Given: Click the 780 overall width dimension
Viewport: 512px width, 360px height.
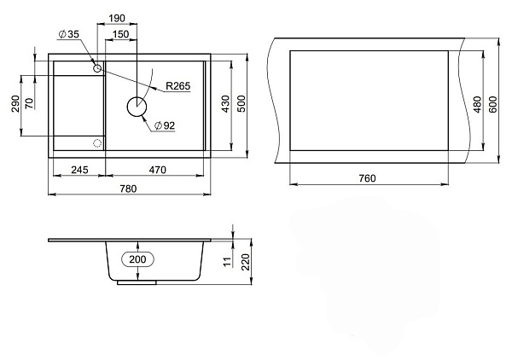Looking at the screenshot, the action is coord(128,189).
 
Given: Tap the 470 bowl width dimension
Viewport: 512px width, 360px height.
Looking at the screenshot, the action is coord(157,170).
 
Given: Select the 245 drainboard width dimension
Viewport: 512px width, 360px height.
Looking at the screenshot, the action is coord(79,170).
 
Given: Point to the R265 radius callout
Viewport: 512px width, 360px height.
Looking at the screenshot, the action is coord(177,86).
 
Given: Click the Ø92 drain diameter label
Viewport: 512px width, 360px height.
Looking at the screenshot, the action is coord(165,125).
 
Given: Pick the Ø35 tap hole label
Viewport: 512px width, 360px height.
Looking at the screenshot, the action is coord(69,34).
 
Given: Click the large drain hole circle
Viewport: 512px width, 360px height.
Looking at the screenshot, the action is coord(137,107).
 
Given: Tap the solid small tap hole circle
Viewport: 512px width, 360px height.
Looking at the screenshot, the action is coord(97,68).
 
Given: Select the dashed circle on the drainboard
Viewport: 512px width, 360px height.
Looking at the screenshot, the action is coord(97,143).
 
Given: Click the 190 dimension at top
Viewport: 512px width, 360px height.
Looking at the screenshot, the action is coord(117,18).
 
